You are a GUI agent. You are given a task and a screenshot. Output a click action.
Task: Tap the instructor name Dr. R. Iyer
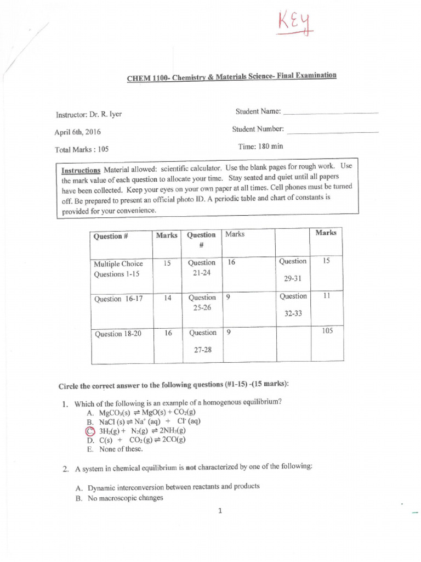(88, 114)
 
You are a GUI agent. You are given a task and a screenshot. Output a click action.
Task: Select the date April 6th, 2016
(77, 132)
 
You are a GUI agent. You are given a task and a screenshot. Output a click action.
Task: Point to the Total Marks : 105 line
(82, 149)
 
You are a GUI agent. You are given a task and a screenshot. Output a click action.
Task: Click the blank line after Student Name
(332, 113)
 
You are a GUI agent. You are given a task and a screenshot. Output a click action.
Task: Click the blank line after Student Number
(333, 132)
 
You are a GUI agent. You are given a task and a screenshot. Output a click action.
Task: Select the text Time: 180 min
(260, 147)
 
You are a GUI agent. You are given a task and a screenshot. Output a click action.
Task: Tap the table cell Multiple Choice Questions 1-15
(118, 268)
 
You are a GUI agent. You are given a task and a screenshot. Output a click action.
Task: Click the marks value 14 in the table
(167, 298)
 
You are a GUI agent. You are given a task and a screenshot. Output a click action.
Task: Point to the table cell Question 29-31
(293, 269)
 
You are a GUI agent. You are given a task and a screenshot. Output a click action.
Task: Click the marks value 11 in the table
(326, 295)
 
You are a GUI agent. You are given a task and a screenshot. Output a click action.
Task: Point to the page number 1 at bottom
(220, 511)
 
